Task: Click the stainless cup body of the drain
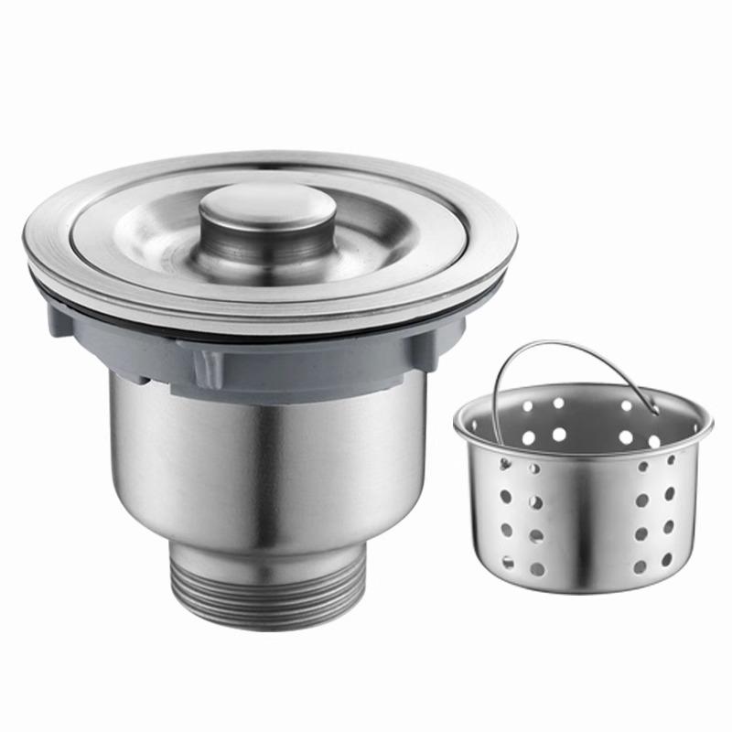click(x=265, y=457)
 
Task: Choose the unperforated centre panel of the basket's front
click(x=586, y=522)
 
